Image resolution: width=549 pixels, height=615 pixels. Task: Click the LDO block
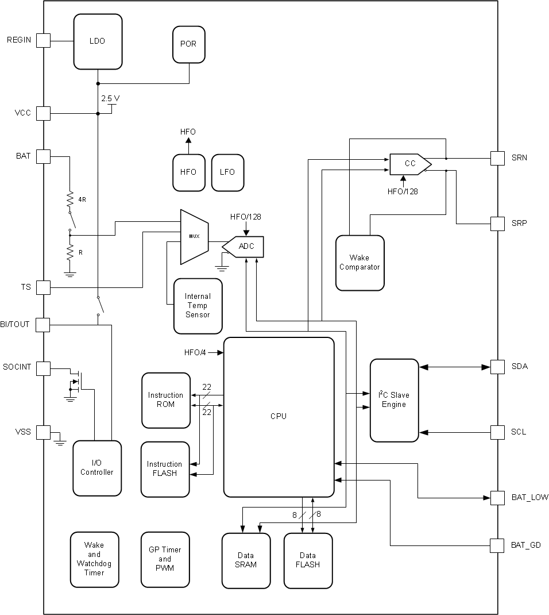click(x=98, y=41)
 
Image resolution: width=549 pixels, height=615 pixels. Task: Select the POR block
click(x=188, y=44)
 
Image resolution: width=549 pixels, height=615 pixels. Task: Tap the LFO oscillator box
click(x=227, y=172)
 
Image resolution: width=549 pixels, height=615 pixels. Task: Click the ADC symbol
click(x=243, y=247)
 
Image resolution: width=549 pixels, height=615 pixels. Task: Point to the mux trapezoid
click(x=194, y=237)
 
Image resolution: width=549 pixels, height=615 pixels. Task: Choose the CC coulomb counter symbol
click(x=409, y=164)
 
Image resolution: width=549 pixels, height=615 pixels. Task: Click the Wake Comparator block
click(x=359, y=263)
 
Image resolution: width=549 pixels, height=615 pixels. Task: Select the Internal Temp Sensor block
click(x=198, y=306)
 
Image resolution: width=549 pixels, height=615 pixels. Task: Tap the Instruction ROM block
click(x=166, y=400)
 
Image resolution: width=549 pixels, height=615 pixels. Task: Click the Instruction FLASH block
click(x=165, y=469)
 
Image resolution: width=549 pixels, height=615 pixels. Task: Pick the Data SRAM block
click(x=246, y=560)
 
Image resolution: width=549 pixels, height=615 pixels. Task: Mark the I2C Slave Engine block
click(x=394, y=400)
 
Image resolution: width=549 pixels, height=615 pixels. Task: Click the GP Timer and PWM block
click(x=165, y=559)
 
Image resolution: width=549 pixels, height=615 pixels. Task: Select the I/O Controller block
click(x=97, y=468)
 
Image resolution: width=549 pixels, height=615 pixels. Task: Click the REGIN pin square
click(x=43, y=40)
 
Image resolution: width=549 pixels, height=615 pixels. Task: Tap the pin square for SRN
click(x=497, y=158)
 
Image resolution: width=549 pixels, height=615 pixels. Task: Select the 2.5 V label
click(x=110, y=98)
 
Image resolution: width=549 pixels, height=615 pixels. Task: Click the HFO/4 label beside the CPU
click(x=195, y=352)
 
